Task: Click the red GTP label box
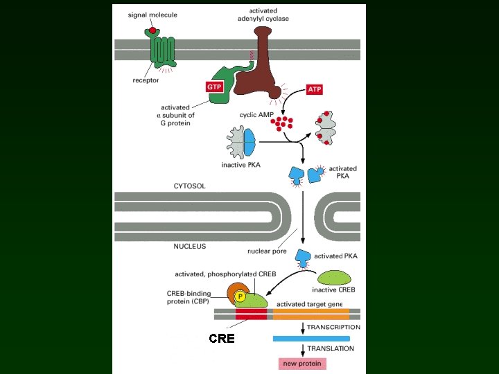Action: (x=214, y=87)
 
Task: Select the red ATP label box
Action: (x=315, y=89)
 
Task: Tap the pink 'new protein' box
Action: (x=302, y=364)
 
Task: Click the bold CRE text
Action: (x=222, y=339)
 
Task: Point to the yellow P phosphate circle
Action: (x=240, y=297)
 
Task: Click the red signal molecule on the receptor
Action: (x=152, y=30)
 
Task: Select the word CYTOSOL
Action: (x=189, y=186)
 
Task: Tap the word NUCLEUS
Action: (x=190, y=246)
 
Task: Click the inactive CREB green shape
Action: (x=334, y=278)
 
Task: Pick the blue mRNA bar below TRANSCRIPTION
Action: (x=311, y=339)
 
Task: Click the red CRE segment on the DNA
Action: (x=251, y=314)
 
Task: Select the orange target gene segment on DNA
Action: (x=311, y=314)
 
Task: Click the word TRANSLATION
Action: (x=331, y=348)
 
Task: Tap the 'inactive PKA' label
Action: (x=241, y=165)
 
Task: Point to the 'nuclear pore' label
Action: (x=267, y=251)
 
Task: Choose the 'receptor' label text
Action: (x=146, y=80)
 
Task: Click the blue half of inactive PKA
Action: (x=249, y=142)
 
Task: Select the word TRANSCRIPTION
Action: (x=333, y=327)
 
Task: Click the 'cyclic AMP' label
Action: (x=256, y=115)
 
